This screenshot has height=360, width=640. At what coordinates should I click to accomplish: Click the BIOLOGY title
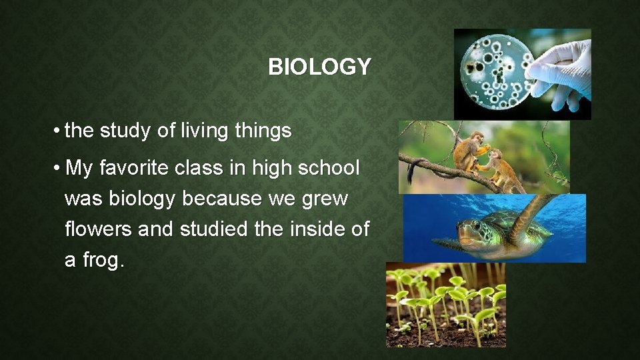319,67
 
